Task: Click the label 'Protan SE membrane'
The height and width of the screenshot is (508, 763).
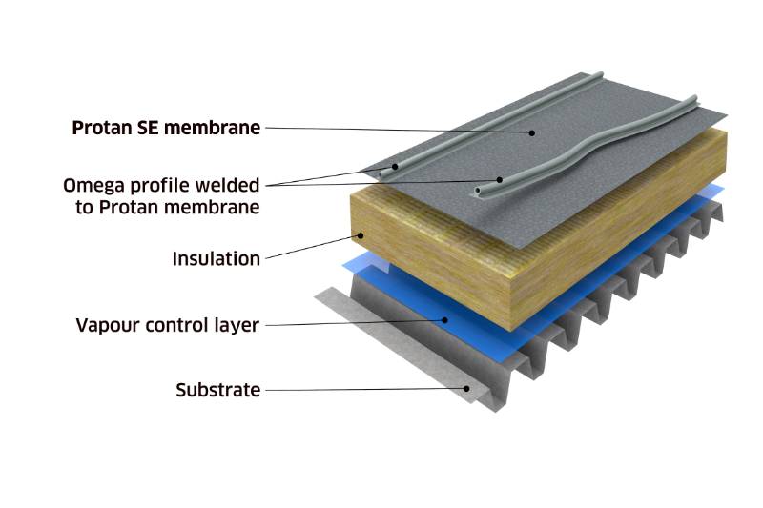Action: coord(166,128)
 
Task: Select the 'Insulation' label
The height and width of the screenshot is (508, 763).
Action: coord(216,258)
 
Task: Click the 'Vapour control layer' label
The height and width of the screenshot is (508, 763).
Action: coord(167,325)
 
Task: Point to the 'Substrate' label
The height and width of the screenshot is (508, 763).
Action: coord(217,390)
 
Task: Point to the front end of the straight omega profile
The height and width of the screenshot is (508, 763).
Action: coord(391,172)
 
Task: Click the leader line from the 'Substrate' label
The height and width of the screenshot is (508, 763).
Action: coord(362,389)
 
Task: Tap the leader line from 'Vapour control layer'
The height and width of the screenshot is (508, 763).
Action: coord(353,323)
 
